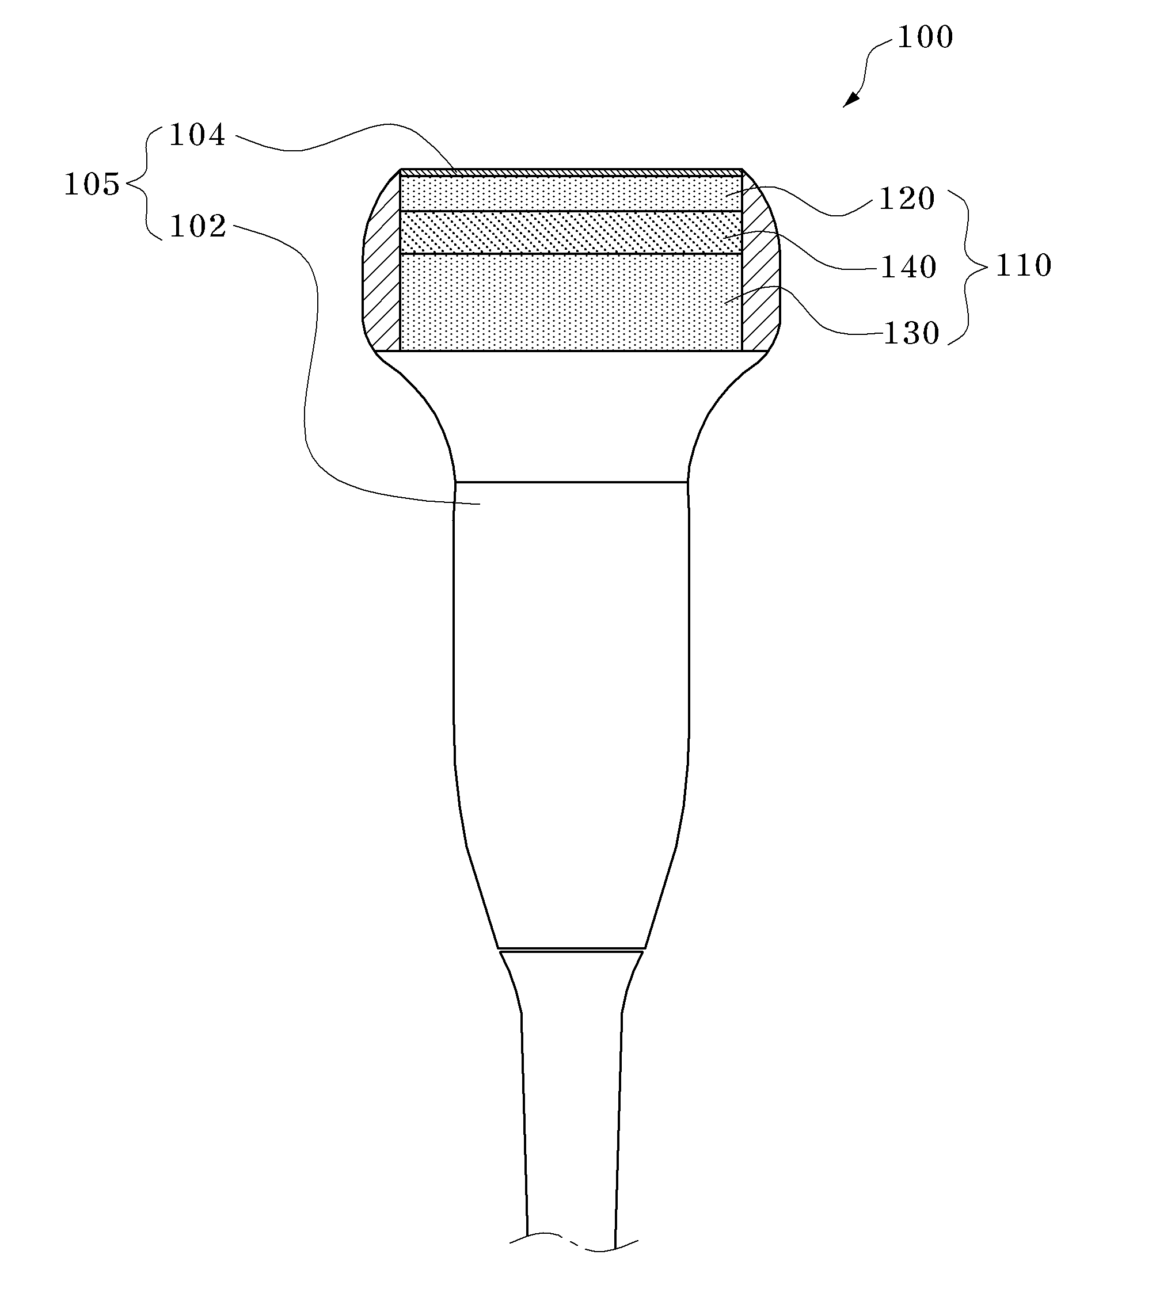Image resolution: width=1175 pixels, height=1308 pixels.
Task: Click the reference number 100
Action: (x=925, y=37)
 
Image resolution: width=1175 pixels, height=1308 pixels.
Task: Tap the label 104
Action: (x=197, y=135)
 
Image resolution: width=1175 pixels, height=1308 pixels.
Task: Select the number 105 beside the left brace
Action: (x=92, y=185)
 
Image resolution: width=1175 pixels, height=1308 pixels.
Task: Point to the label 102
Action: (x=197, y=227)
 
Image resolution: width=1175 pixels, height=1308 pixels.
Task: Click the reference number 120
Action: (x=907, y=199)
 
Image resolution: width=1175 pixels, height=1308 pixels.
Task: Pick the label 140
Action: (x=909, y=267)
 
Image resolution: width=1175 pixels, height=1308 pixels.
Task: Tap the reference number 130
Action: (x=911, y=334)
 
